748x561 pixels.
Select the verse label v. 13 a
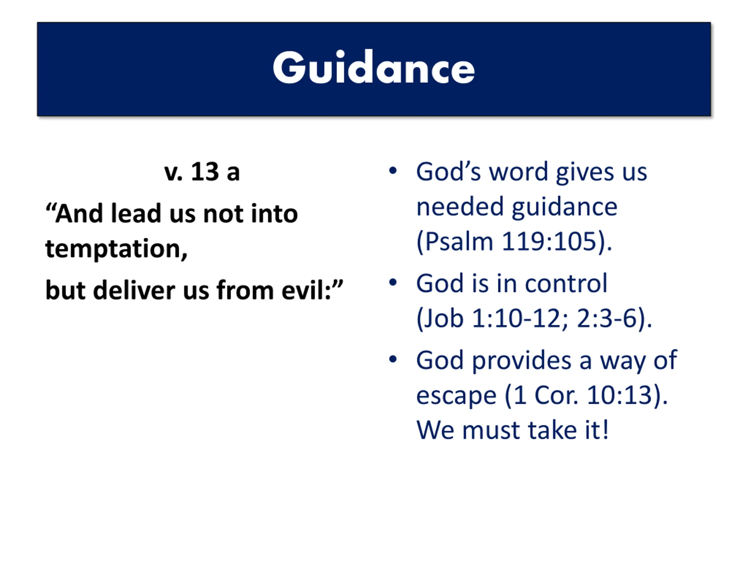pos(202,172)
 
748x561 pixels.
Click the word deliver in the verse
pos(134,290)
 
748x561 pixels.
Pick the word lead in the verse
pos(136,214)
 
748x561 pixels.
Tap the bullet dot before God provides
pos(393,359)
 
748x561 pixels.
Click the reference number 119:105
pos(549,241)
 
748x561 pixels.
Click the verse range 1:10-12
pos(516,318)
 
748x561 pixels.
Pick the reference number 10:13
pos(619,395)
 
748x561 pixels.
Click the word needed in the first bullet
pos(460,207)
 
